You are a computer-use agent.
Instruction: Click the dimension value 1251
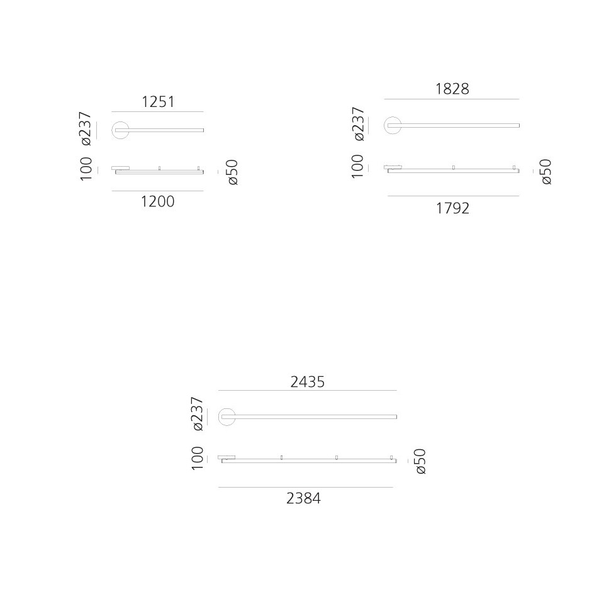point(159,102)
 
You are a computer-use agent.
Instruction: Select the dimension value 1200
point(158,201)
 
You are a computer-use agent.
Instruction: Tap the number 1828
point(452,89)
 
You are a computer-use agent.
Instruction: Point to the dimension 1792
point(452,208)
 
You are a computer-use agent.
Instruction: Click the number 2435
point(308,382)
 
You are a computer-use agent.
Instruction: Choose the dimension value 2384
point(303,498)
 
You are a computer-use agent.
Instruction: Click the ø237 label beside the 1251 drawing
point(86,128)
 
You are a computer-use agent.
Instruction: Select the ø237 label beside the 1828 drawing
point(358,124)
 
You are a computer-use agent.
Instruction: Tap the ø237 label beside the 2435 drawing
point(197,414)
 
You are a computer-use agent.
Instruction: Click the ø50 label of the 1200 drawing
point(233,172)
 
